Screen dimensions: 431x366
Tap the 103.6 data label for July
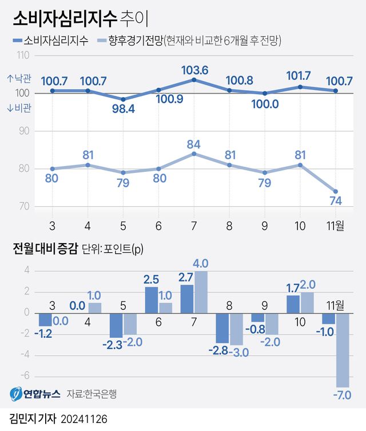[x=194, y=70]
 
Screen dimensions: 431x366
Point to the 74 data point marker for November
[x=336, y=191]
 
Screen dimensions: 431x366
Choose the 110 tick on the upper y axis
[x=24, y=56]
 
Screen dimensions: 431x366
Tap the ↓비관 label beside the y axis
[x=18, y=107]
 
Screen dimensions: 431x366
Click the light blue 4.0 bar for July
[x=201, y=292]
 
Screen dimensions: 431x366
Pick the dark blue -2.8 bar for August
[x=224, y=327]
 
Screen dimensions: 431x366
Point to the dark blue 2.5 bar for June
[x=151, y=300]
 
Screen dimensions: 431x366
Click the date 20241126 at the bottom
[x=83, y=419]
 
